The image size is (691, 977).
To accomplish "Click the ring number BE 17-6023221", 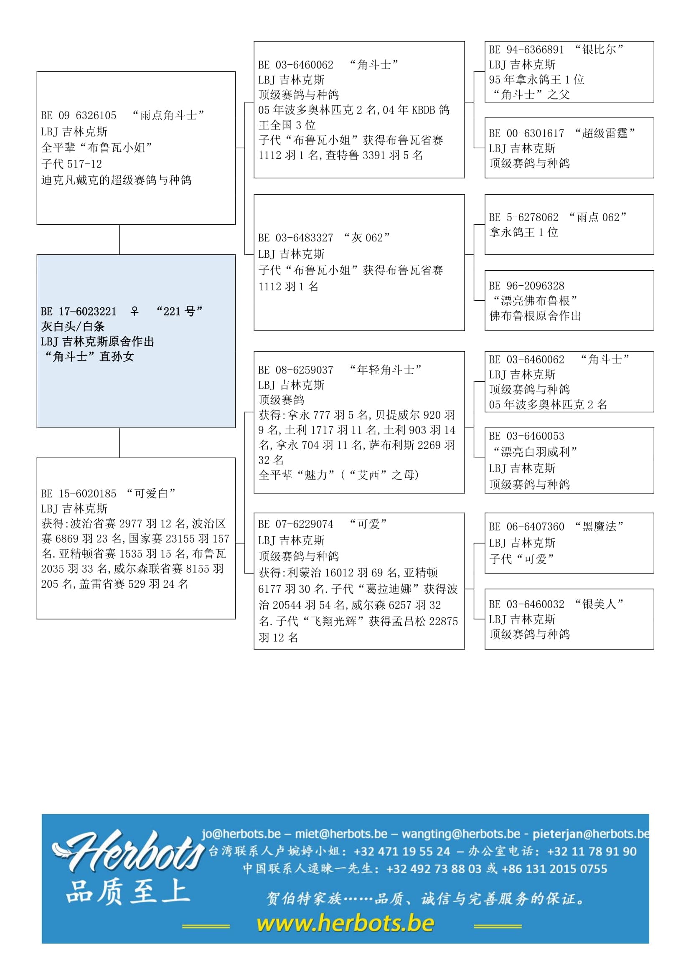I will pos(78,312).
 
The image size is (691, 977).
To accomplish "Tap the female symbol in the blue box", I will pos(135,312).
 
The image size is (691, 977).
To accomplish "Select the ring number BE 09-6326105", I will pos(78,115).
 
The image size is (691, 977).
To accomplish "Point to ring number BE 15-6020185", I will pos(78,494).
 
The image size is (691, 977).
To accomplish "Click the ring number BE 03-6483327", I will pos(295,238).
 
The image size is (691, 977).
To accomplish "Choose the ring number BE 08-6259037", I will pos(295,370).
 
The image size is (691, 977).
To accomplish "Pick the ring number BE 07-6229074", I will pos(295,524).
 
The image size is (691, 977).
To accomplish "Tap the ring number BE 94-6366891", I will pos(526,50).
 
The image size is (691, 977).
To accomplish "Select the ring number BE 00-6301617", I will pos(526,133).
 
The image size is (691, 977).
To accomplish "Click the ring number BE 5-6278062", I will pos(523,218).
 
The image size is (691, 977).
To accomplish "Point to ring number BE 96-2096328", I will pos(526,286).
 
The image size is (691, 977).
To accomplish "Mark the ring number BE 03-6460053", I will pos(526,436).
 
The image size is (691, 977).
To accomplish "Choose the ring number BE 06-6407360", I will pos(526,527).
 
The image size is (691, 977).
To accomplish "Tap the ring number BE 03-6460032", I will pos(526,604).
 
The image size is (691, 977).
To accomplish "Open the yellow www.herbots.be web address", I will pos(345,924).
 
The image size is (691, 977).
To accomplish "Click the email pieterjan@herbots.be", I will pos(591,834).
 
